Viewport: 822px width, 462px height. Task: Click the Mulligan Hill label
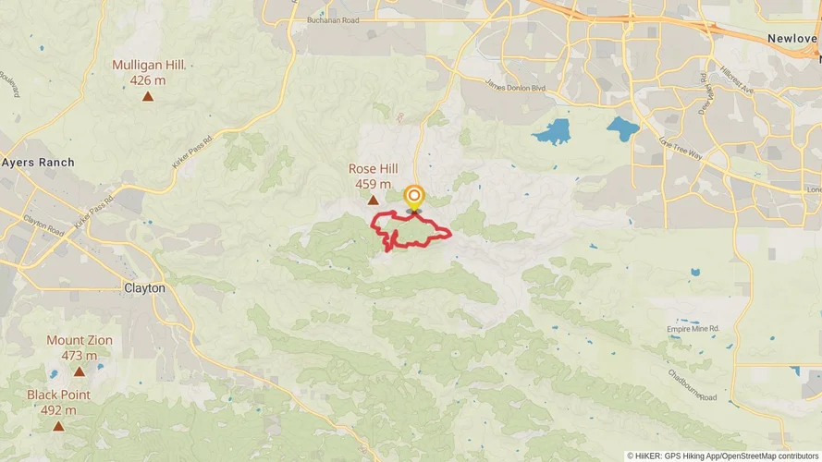[149, 66]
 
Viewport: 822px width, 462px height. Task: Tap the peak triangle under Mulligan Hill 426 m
[148, 95]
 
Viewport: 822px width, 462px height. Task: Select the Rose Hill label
[373, 169]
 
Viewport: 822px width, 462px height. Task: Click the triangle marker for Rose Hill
[374, 200]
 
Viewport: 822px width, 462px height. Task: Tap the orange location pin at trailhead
[414, 197]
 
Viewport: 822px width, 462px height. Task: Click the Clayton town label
[144, 288]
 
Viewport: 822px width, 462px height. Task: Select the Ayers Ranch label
[38, 163]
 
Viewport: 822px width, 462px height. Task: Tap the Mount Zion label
[80, 341]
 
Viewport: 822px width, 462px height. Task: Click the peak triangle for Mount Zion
[80, 371]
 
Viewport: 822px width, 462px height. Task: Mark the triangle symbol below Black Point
[58, 426]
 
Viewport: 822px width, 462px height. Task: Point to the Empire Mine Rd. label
[693, 329]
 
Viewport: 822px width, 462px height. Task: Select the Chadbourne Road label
[693, 385]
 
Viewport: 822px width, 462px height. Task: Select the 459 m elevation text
[373, 184]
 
